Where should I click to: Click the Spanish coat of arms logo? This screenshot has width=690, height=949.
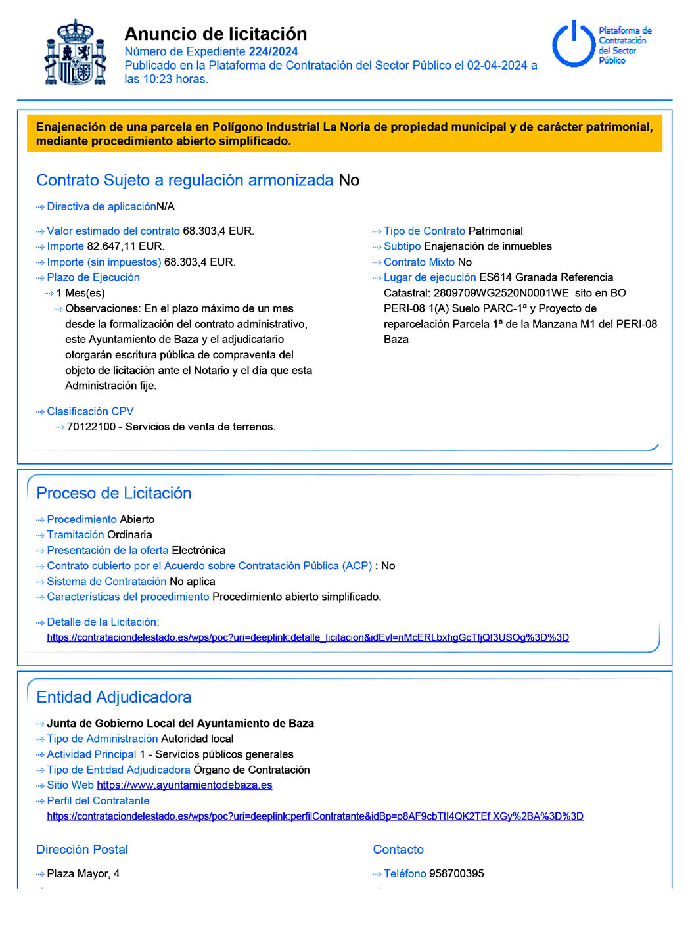click(76, 53)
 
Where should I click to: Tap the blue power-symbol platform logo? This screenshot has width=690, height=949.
click(573, 44)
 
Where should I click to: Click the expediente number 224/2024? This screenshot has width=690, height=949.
click(273, 51)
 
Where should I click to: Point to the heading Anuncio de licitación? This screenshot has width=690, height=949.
click(216, 34)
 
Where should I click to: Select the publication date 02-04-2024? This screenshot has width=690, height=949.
click(497, 65)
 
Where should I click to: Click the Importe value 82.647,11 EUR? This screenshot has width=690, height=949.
click(126, 246)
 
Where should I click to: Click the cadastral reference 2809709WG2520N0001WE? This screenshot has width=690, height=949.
click(501, 293)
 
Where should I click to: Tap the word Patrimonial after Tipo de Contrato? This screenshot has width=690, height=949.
click(495, 231)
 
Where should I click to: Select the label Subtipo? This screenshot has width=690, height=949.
click(402, 246)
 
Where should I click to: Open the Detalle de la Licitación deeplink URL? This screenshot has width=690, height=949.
click(308, 637)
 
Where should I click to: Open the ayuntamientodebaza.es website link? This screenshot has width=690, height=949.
click(184, 785)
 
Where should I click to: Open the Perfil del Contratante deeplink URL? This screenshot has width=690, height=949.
click(315, 816)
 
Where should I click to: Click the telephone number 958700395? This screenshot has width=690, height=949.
click(456, 873)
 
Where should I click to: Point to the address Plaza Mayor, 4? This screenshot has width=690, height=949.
click(83, 873)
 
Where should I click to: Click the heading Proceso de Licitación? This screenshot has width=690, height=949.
click(114, 493)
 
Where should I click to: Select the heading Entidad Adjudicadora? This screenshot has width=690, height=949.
click(114, 697)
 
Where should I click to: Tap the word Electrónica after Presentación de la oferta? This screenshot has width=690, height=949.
click(198, 550)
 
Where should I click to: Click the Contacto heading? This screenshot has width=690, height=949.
click(398, 849)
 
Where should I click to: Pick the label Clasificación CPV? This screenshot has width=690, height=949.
click(90, 411)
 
